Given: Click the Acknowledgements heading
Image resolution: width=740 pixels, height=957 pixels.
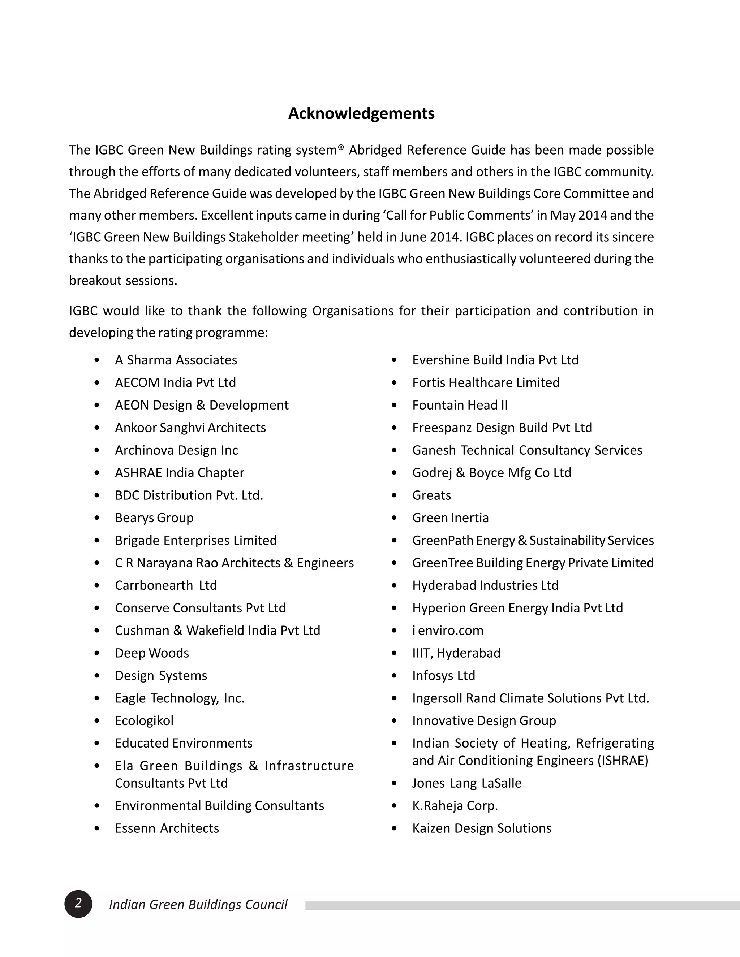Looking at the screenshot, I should tap(361, 113).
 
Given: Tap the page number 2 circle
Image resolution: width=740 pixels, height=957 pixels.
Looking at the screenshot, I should tap(78, 904).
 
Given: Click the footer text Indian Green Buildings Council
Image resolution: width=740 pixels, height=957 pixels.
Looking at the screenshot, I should tap(198, 904).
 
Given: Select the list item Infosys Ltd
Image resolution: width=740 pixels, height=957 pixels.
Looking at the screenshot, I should tap(443, 675).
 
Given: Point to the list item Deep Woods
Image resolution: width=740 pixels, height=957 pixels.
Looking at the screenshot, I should tap(152, 653).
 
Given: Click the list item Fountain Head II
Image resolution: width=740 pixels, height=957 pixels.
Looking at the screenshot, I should tap(460, 405).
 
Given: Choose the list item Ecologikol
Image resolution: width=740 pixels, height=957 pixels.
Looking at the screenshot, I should tap(144, 720).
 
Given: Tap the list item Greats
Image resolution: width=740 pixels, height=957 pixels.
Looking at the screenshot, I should tap(431, 495).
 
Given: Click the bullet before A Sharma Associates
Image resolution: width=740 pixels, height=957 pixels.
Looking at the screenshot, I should tap(97, 360).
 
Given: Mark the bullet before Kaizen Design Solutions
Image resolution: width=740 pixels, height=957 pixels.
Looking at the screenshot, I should tap(394, 828).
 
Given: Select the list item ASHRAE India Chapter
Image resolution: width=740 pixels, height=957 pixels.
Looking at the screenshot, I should tap(179, 472).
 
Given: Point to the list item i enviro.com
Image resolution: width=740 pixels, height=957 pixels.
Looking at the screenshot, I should tap(448, 630).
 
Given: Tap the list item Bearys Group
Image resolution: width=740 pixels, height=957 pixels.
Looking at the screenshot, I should tap(154, 518).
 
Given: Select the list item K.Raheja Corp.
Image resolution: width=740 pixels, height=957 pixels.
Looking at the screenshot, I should tap(455, 805).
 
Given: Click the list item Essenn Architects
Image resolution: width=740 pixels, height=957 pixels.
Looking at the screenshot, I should tap(167, 828).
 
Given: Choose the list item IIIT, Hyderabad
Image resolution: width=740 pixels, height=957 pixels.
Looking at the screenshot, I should tap(456, 653).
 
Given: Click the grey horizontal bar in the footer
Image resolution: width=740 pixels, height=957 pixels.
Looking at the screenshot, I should tap(522, 905).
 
